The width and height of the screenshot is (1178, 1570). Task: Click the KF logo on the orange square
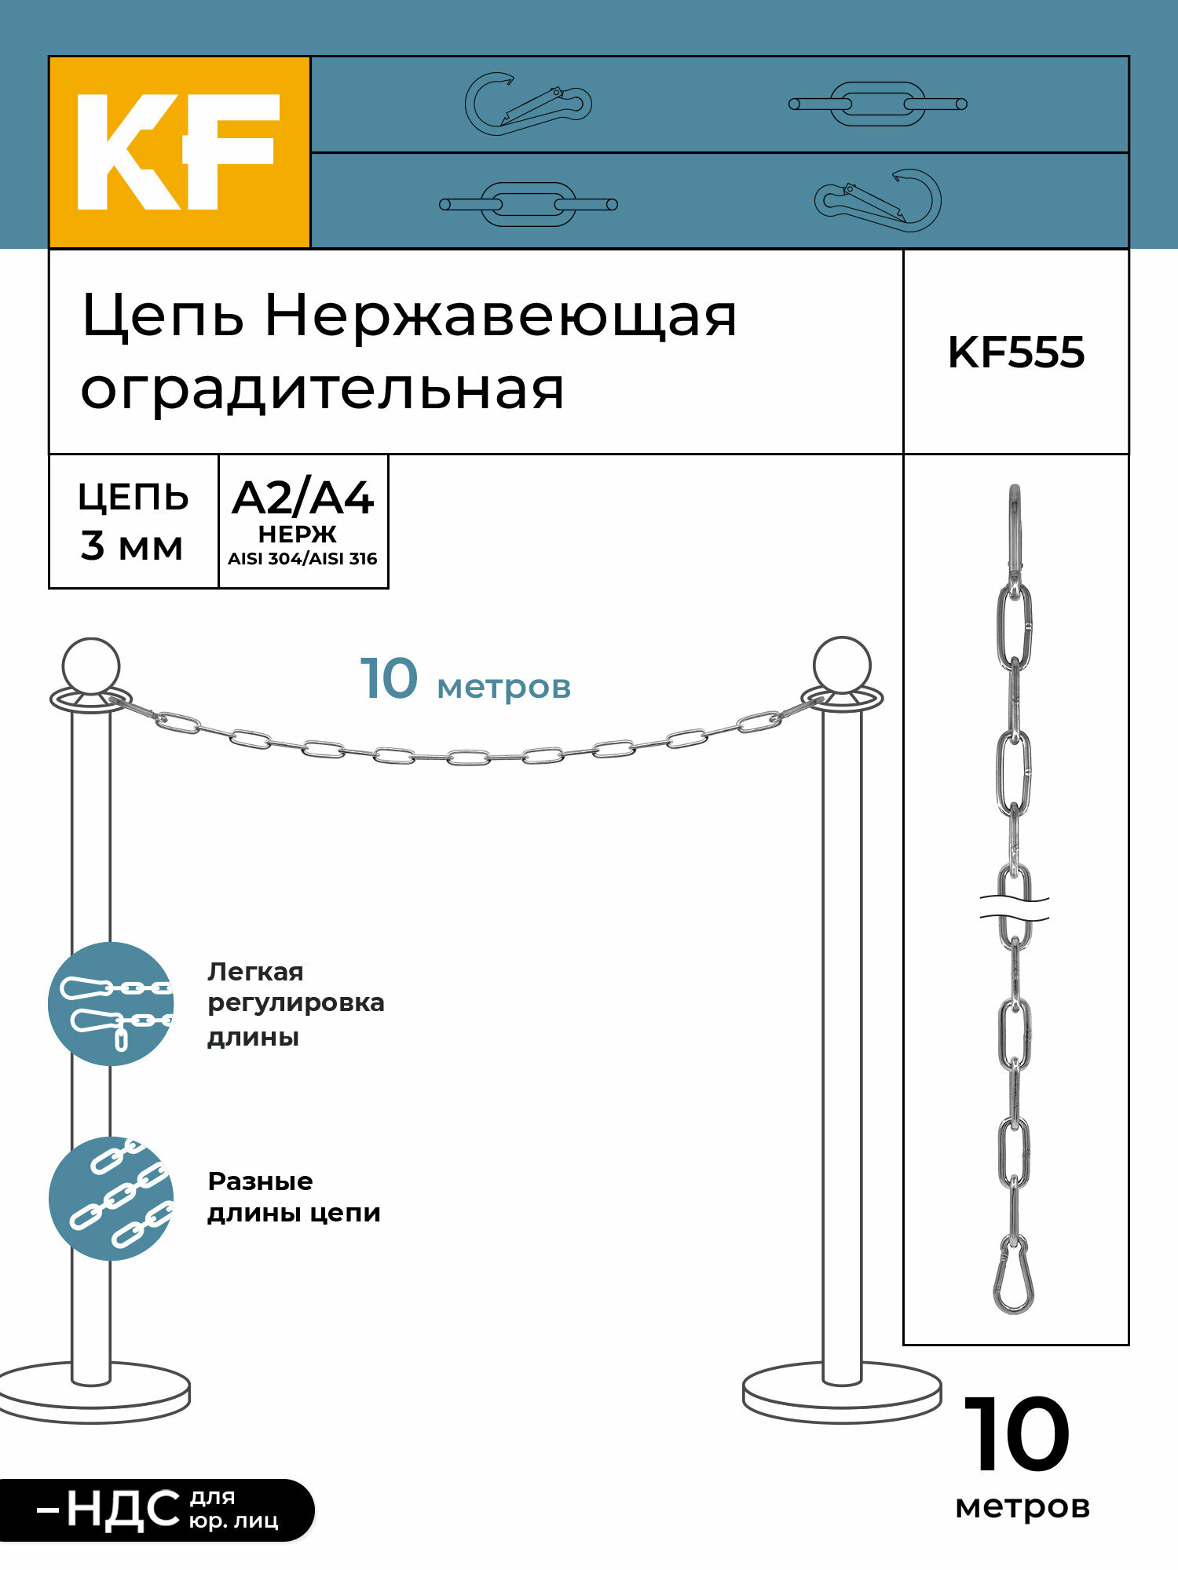point(179,152)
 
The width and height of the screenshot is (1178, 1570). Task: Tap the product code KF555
point(1015,352)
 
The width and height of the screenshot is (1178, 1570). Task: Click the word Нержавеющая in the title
point(500,316)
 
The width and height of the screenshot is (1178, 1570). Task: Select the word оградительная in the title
point(322,389)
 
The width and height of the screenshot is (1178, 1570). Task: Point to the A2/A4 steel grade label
point(302,498)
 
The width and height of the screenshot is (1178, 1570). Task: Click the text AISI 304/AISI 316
point(302,559)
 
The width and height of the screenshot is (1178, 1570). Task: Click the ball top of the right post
point(842,666)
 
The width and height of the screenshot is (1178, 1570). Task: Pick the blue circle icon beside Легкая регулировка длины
point(111,1004)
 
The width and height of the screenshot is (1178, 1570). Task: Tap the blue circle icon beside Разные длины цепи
point(111,1199)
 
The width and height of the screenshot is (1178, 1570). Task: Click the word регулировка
point(295,1003)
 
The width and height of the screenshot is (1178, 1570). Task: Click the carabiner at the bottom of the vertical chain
point(1014,1276)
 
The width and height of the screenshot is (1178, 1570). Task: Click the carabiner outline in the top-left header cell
point(528,104)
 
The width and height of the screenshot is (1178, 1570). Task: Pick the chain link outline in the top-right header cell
point(877,104)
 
